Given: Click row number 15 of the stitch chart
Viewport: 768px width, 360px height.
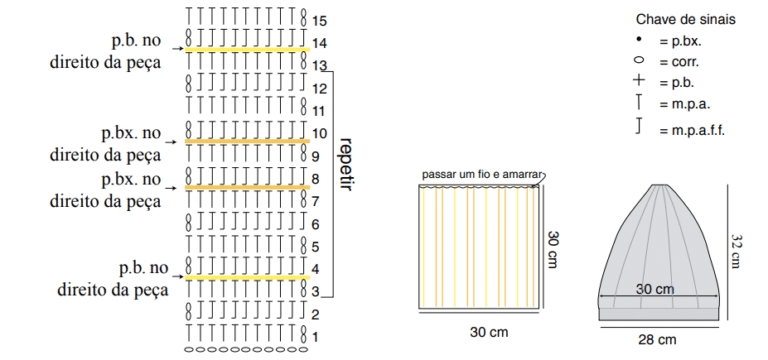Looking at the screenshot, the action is tap(319, 22).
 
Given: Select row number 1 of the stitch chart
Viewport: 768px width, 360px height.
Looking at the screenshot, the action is tap(316, 337).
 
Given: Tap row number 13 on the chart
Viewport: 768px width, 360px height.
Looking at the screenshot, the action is tap(319, 66).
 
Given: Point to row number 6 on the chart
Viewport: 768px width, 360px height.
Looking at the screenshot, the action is tap(316, 225).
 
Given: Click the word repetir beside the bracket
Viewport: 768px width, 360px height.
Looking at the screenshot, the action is tap(346, 164).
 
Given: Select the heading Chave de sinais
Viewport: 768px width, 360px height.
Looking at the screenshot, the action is tap(686, 20).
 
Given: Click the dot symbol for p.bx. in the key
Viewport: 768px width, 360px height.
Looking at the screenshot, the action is tap(639, 39).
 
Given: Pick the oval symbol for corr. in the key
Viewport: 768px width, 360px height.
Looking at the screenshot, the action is tap(639, 60).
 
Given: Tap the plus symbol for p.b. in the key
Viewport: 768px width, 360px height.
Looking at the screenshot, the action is tap(639, 80).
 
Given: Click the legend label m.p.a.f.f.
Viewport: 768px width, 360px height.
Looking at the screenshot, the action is tap(692, 131).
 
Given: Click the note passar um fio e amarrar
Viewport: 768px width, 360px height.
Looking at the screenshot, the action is tap(482, 175).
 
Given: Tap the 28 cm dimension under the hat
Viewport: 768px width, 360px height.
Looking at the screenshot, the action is tap(658, 339).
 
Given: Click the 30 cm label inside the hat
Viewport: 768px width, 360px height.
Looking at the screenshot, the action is tap(655, 289).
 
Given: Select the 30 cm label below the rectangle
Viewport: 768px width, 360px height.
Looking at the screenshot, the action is tap(489, 332).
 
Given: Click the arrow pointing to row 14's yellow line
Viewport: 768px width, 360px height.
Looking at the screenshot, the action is tap(178, 49).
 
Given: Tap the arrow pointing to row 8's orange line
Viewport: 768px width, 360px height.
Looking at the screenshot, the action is tap(172, 188).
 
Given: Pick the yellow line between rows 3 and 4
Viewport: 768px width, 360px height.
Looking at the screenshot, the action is tap(247, 278).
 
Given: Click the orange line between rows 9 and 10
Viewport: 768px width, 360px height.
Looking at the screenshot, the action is tap(247, 142).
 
